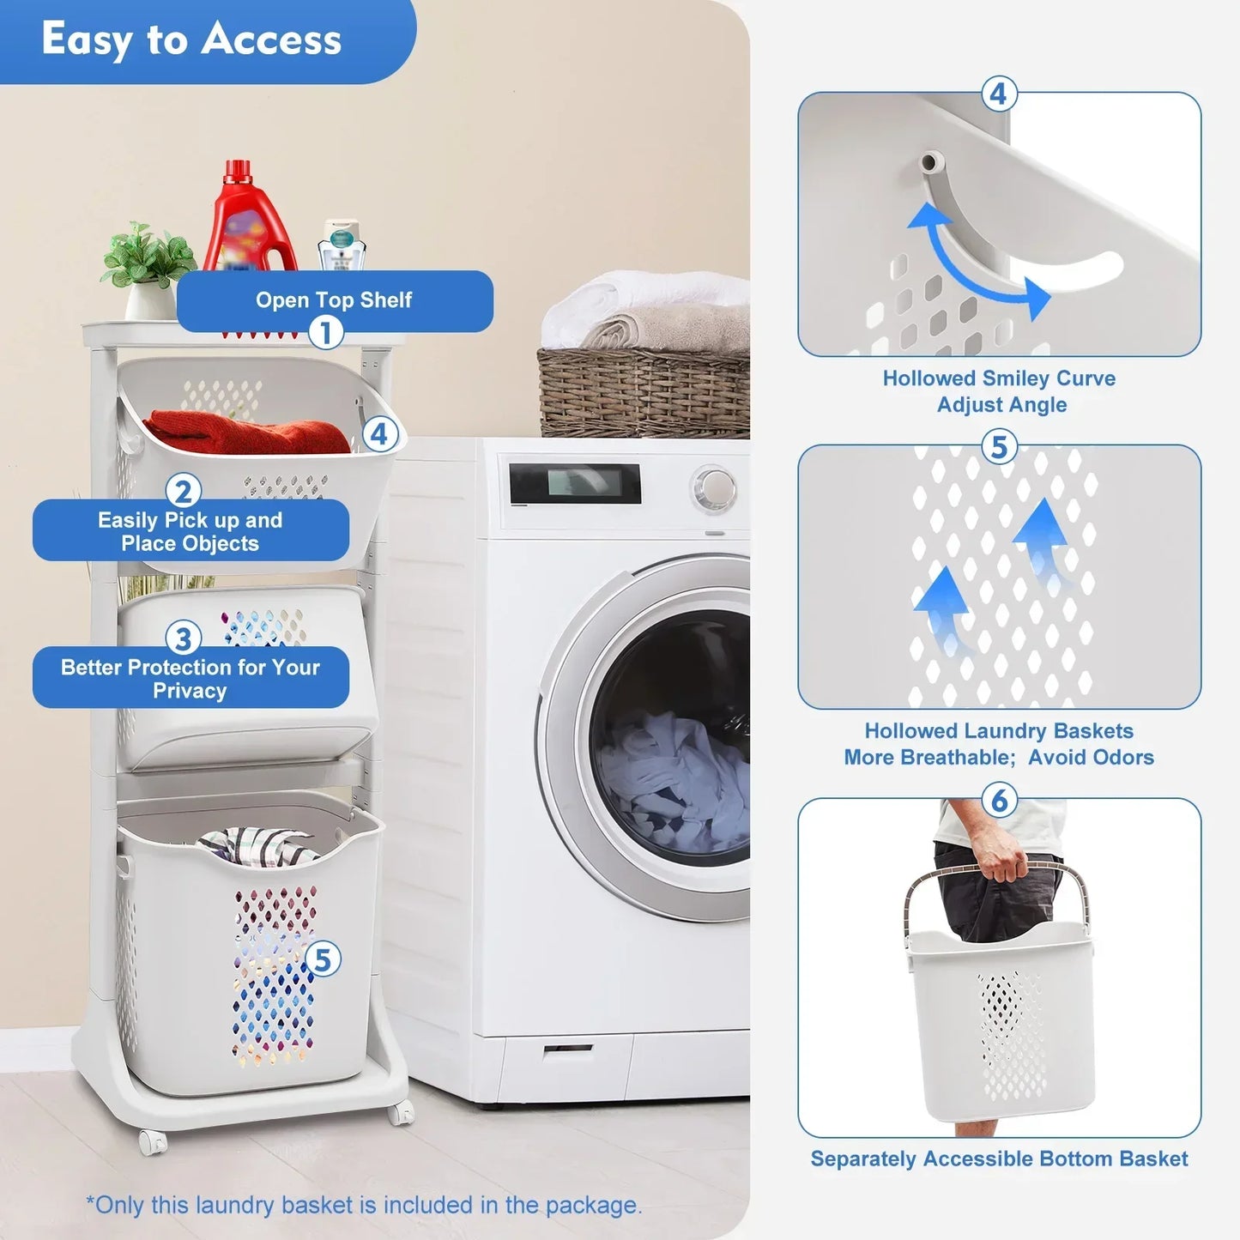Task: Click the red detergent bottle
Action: tap(248, 219)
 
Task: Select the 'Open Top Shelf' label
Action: tap(334, 299)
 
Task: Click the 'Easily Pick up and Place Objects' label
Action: tap(191, 531)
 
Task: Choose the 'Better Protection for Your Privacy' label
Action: tap(191, 678)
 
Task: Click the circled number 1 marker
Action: tap(325, 331)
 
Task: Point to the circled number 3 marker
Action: tap(183, 638)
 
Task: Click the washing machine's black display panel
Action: tap(575, 483)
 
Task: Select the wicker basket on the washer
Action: tap(644, 390)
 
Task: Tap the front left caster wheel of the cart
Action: tap(152, 1142)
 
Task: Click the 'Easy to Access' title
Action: tap(191, 39)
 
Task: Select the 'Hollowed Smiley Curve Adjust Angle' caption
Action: tap(1000, 391)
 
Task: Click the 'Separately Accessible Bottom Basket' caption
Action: tap(999, 1158)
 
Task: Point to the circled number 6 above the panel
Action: tap(999, 801)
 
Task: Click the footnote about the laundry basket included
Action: tap(363, 1205)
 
